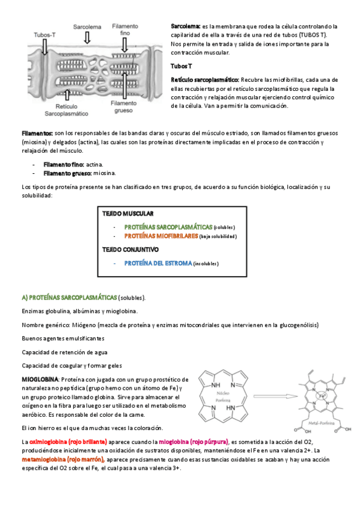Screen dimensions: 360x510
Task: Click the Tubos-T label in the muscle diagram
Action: click(x=44, y=35)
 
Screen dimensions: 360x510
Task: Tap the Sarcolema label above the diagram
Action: click(x=87, y=26)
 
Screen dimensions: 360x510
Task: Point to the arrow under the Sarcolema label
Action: click(x=87, y=37)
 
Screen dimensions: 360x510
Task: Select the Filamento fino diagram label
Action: click(x=125, y=29)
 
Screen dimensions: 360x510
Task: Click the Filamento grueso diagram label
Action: click(x=123, y=106)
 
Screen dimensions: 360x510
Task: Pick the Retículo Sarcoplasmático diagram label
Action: click(x=66, y=110)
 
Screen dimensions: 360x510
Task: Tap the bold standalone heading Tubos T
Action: click(x=182, y=66)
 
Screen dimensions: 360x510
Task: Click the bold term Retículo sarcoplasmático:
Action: click(x=205, y=79)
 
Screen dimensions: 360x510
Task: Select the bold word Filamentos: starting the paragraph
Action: click(x=37, y=133)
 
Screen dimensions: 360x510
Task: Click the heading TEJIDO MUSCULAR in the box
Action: click(x=127, y=214)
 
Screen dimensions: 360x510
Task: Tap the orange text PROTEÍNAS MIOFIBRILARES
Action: click(x=161, y=236)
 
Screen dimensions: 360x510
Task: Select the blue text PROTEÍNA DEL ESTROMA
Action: click(x=158, y=263)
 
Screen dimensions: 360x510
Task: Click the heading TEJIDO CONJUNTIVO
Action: click(x=130, y=250)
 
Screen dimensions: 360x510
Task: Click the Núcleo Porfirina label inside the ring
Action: click(x=223, y=396)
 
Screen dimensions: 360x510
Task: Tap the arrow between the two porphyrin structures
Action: click(x=275, y=396)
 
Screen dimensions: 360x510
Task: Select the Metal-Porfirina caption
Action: click(x=322, y=423)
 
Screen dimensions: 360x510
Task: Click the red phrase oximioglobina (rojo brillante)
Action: click(x=69, y=441)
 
